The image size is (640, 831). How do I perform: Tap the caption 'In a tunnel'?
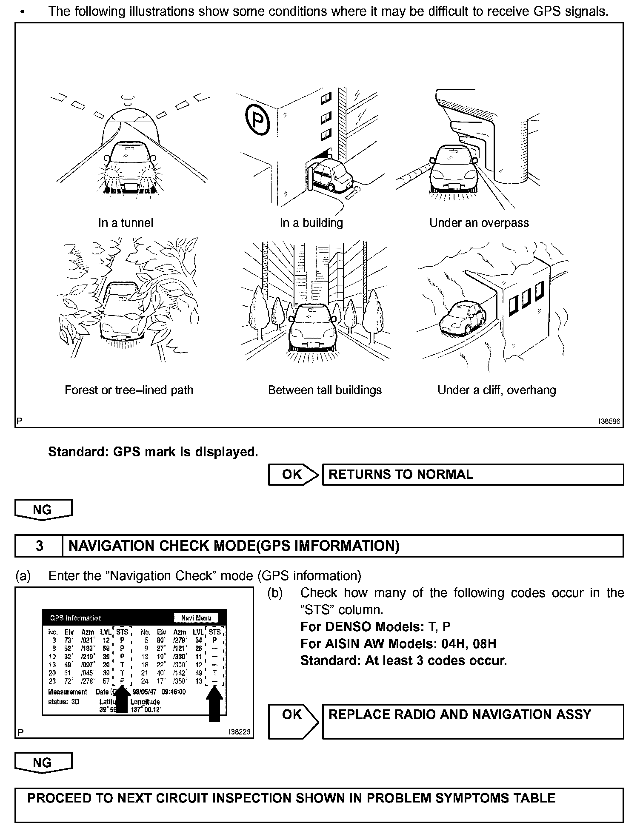coord(126,223)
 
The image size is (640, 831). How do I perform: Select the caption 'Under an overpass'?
coord(479,223)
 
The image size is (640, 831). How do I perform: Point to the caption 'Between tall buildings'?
coord(325,390)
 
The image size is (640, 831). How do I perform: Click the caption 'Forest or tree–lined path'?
coord(129,390)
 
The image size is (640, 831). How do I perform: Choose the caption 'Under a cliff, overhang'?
coord(497,390)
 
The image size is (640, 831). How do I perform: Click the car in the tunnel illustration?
coord(129,166)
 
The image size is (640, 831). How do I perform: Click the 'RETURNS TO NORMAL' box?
coord(472,475)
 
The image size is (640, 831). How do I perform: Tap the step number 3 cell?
coord(39,546)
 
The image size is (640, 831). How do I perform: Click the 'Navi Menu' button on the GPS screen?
coord(196,618)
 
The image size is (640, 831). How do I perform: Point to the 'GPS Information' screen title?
coord(76,618)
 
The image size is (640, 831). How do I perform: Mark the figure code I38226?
coord(239,732)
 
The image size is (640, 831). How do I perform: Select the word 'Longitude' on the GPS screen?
coord(145,702)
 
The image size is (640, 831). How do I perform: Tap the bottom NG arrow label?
coord(43,763)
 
